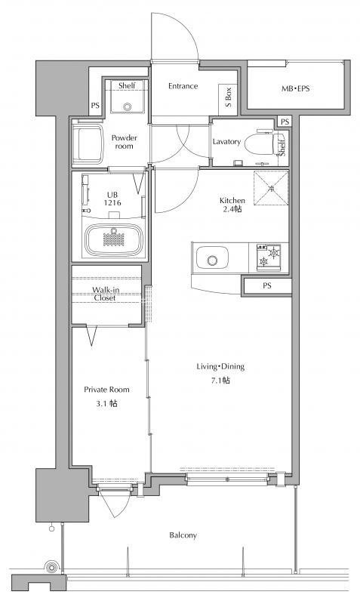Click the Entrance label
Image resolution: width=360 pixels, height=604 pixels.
183,86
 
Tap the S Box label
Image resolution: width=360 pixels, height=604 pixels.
228,97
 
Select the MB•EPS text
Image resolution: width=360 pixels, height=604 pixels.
295,88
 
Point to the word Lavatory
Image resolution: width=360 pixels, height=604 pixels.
226,142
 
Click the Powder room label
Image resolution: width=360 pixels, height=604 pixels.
124,142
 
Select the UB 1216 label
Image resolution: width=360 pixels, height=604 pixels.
112,199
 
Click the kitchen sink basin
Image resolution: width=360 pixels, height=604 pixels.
212,258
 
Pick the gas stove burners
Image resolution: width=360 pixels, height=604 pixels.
269,257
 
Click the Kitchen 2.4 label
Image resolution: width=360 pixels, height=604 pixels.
232,205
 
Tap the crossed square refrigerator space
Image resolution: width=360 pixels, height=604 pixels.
271,188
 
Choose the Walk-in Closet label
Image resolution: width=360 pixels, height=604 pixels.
105,294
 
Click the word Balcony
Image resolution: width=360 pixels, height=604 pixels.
183,535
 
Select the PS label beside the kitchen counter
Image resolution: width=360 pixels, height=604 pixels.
267,285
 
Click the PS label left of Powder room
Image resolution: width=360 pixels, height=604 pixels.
95,105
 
